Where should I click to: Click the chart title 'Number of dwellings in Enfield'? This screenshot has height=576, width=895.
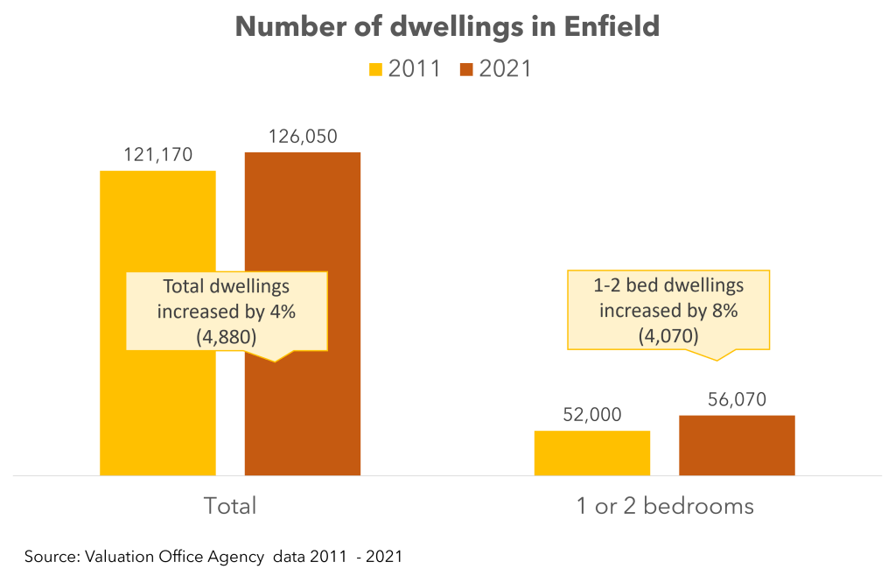coord(447,28)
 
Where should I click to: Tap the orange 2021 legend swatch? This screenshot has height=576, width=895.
coord(465,69)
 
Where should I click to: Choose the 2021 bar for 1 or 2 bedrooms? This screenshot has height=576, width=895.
coord(737,446)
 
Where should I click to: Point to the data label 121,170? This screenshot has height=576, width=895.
coord(157,155)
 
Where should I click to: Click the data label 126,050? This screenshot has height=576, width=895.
coord(303,137)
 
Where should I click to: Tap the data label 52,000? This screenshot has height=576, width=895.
coord(592,415)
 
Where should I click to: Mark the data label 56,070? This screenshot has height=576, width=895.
coord(737,399)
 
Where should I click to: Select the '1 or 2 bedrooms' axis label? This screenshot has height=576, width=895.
coord(664,506)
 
